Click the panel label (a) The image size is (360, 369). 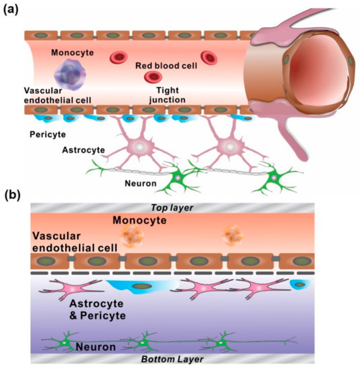coord(15,11)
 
